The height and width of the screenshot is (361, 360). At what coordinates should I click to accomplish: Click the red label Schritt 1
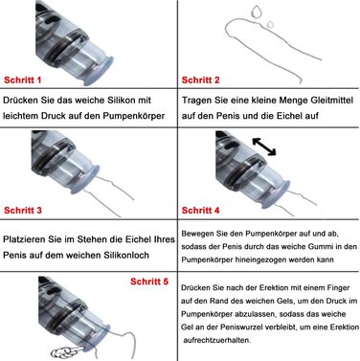[23, 79]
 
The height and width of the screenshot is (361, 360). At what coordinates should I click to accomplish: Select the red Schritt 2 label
[201, 79]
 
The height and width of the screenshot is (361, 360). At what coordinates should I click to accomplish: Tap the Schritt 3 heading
[23, 210]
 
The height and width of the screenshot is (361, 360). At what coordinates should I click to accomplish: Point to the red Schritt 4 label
[201, 210]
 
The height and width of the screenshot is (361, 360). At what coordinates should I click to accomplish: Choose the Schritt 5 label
[149, 282]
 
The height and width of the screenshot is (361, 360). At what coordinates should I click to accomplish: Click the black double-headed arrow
[264, 147]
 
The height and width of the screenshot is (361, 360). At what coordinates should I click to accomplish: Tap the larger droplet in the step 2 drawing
[257, 11]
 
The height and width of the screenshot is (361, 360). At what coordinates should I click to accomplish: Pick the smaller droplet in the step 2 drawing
[270, 24]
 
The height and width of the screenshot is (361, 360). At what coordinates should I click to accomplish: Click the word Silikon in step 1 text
[118, 101]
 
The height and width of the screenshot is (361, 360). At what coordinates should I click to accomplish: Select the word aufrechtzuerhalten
[217, 340]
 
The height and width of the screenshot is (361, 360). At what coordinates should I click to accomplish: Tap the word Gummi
[320, 247]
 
